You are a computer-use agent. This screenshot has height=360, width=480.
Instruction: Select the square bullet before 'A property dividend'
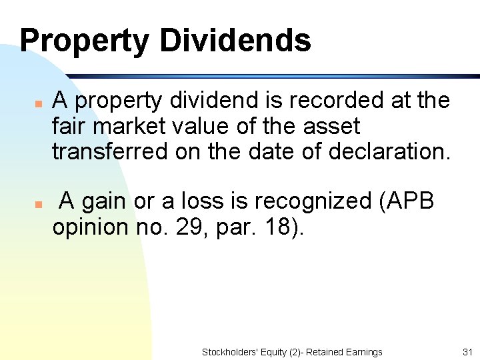[x=39, y=104]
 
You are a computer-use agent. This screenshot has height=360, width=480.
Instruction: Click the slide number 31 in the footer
[x=467, y=351]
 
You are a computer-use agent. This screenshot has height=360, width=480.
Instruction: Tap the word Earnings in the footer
[x=361, y=351]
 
